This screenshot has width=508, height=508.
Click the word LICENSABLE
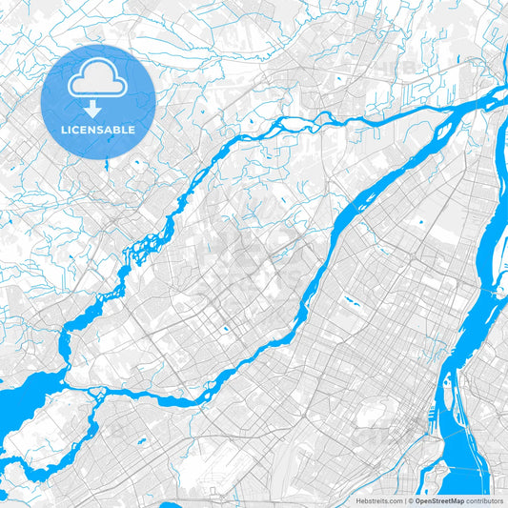click(98, 130)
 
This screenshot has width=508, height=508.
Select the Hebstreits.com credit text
click(378, 500)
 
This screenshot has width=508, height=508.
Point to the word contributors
click(486, 500)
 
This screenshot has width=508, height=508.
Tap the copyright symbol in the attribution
click(410, 500)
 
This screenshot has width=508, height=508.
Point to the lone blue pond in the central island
click(226, 330)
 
